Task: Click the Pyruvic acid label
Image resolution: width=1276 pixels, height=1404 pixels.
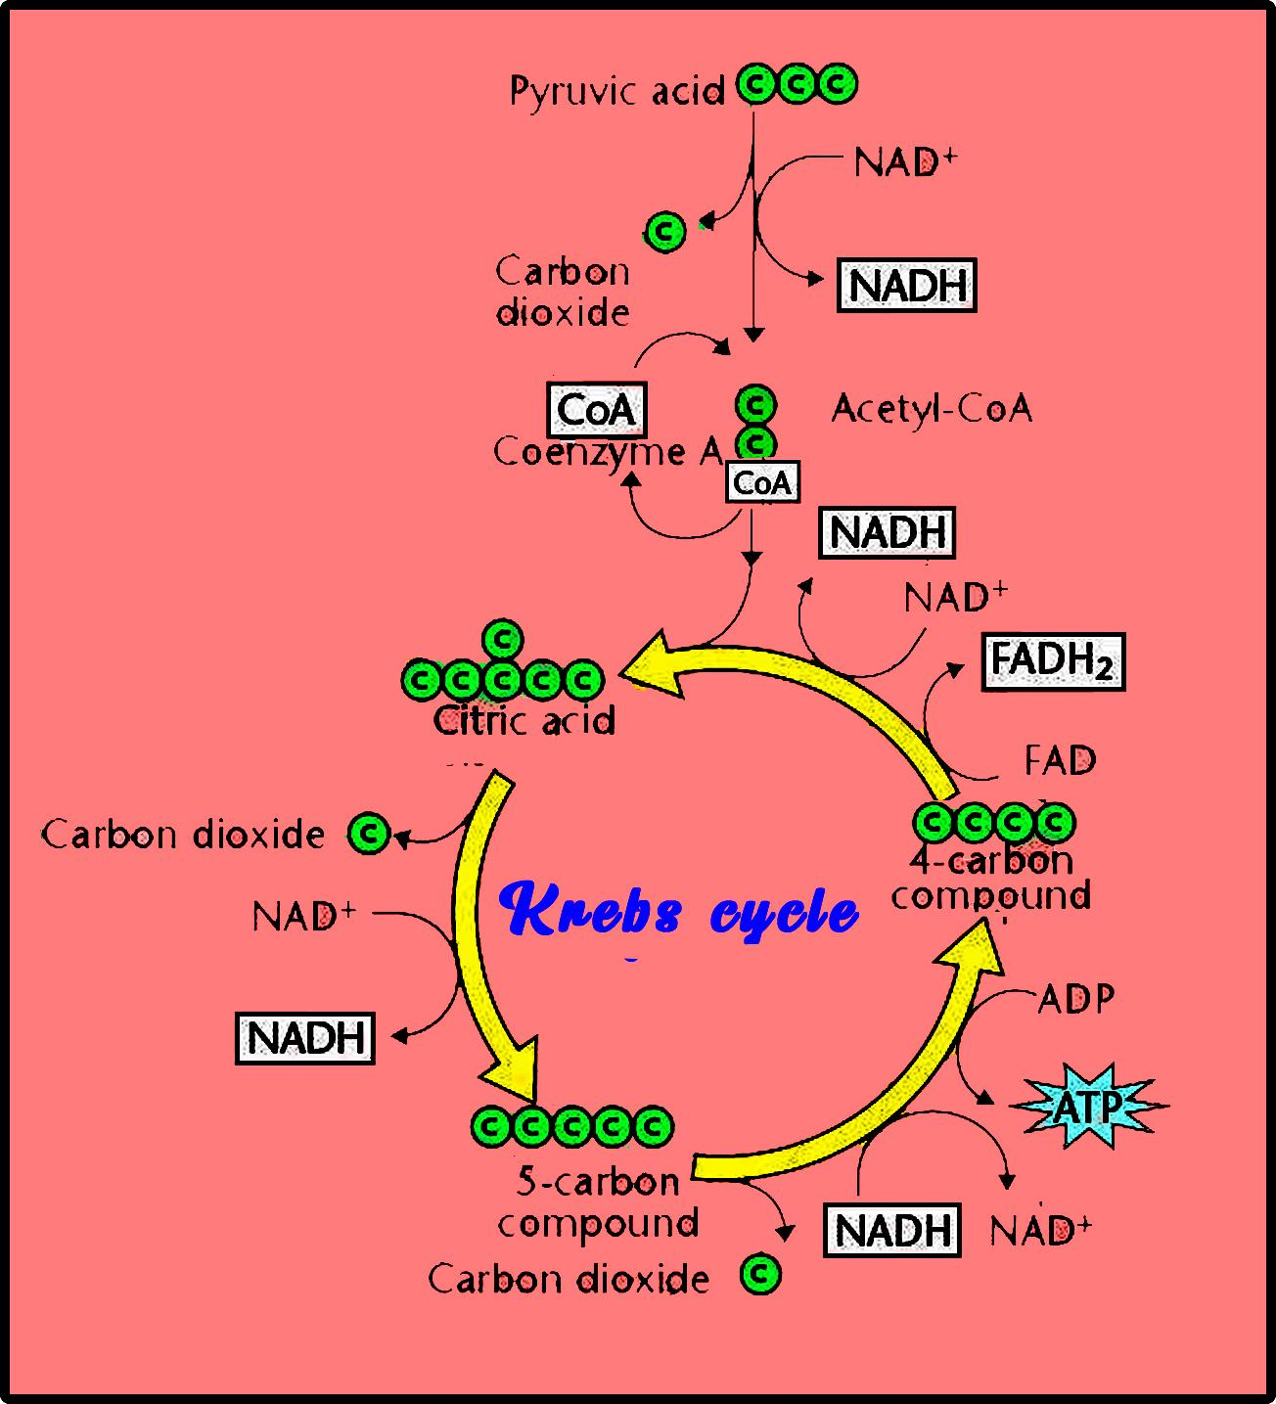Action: [x=616, y=91]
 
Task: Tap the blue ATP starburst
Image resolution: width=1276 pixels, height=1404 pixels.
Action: [x=1087, y=1107]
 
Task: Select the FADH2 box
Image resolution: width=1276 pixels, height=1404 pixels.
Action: [x=1052, y=661]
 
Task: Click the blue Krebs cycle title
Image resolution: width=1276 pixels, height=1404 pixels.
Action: [x=680, y=910]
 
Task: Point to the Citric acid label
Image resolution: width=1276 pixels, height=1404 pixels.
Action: [x=524, y=721]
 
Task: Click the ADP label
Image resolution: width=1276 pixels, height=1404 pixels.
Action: [x=1075, y=999]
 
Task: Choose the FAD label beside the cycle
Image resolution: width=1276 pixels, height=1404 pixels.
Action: [x=1060, y=760]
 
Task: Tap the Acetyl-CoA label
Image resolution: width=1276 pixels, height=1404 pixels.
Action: [x=932, y=408]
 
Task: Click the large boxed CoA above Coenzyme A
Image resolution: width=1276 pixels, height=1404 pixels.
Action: [x=597, y=410]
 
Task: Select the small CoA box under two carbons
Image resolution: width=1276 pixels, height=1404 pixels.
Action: [x=761, y=482]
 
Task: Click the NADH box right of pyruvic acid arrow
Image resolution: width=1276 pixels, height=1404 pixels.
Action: [x=907, y=286]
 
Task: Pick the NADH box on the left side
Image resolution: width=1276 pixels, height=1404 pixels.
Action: [x=305, y=1038]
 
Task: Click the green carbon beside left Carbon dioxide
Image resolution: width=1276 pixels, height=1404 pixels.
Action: [x=369, y=834]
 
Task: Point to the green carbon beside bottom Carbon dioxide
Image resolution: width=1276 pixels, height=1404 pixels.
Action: [x=760, y=1274]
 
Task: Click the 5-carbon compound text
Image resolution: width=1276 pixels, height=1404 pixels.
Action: [x=598, y=1202]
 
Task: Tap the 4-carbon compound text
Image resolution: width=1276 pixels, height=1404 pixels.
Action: [x=990, y=878]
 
